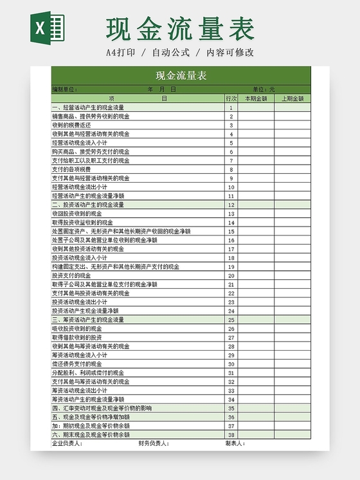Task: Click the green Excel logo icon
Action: point(48,29)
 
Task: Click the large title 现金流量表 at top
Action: point(181,29)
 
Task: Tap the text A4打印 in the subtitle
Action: point(121,52)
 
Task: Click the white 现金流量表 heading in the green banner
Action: point(181,75)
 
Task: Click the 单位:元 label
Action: point(263,89)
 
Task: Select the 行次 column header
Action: point(231,98)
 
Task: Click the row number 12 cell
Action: point(231,205)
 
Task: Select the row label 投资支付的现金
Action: point(71,275)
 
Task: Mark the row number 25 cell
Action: point(231,319)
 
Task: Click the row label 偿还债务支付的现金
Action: point(76,364)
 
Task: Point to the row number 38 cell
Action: point(231,434)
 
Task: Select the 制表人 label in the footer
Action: point(235,443)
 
